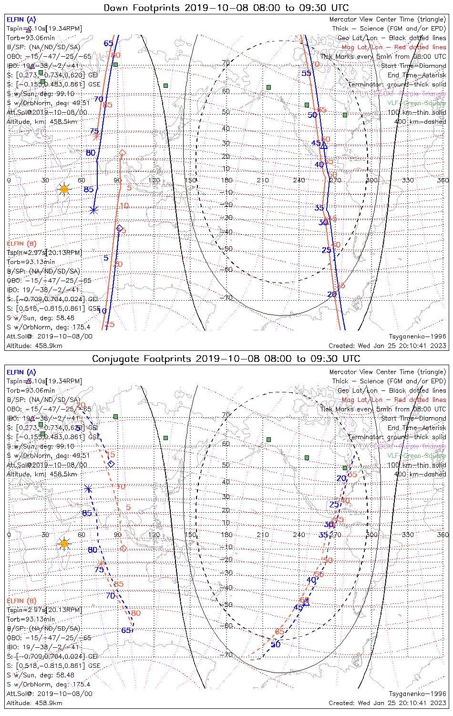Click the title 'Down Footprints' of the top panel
click(143, 8)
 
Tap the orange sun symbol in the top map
click(64, 190)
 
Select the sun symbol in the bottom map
click(64, 544)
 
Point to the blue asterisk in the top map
click(93, 210)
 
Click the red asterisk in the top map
click(97, 137)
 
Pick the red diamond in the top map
click(123, 153)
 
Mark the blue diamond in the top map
click(120, 228)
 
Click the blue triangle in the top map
click(324, 146)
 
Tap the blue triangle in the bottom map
click(306, 602)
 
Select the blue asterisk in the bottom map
click(88, 488)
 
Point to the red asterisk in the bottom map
click(101, 563)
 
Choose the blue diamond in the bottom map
click(111, 464)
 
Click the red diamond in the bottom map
click(124, 548)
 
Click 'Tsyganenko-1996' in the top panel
click(417, 337)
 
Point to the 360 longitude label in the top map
click(443, 180)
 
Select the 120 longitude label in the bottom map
click(154, 535)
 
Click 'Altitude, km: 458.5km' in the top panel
click(42, 122)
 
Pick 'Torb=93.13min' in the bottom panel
click(31, 619)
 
